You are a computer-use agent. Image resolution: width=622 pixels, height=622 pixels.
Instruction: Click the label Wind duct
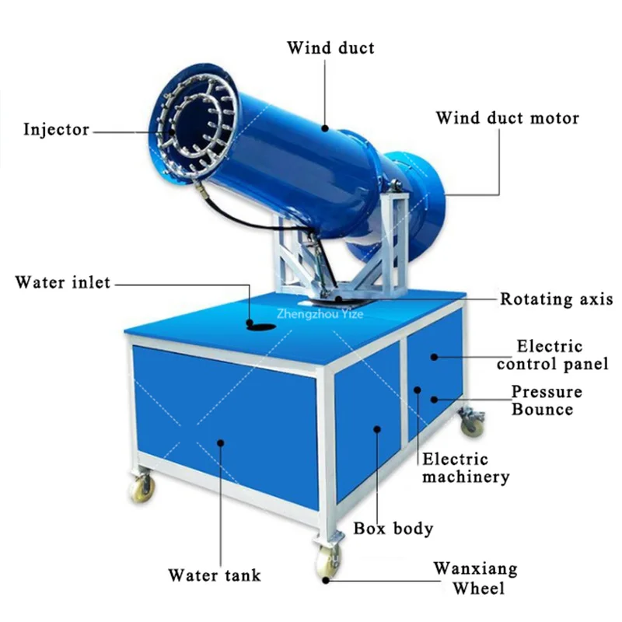click(x=330, y=48)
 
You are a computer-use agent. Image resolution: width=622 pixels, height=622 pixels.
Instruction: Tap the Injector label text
click(x=56, y=129)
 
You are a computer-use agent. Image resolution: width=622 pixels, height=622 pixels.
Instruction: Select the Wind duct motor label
click(x=507, y=118)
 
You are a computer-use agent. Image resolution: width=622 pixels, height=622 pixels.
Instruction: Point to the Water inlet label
click(x=63, y=282)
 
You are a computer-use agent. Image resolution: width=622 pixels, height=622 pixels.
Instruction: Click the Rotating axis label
click(x=556, y=299)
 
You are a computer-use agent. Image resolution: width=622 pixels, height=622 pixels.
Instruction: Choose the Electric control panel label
click(x=550, y=355)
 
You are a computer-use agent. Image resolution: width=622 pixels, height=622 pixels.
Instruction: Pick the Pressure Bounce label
click(x=546, y=400)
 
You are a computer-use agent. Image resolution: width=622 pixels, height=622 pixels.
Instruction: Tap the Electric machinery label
click(x=466, y=468)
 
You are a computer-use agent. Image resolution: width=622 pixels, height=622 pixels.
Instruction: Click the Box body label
click(x=393, y=529)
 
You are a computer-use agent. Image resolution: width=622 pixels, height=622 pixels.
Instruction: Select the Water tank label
click(x=215, y=576)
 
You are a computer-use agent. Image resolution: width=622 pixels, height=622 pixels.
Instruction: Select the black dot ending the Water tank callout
click(x=220, y=442)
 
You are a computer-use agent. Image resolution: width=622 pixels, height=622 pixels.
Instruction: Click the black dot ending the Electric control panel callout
click(x=436, y=356)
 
